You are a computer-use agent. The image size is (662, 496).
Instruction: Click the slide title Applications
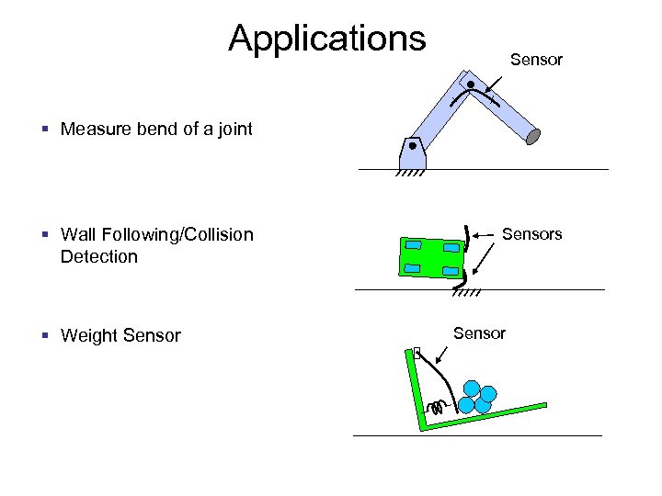pyautogui.click(x=327, y=39)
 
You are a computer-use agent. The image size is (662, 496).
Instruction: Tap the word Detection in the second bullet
pyautogui.click(x=98, y=256)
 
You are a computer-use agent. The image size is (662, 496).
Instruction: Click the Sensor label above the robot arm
pyautogui.click(x=536, y=60)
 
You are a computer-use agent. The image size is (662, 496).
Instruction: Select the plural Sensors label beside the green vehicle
pyautogui.click(x=531, y=234)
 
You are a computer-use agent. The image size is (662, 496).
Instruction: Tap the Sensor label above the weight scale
pyautogui.click(x=479, y=333)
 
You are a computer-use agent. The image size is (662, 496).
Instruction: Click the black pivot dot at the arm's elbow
pyautogui.click(x=471, y=85)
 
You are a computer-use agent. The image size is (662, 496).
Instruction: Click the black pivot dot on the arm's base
pyautogui.click(x=413, y=146)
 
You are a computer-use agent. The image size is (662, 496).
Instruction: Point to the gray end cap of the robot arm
pyautogui.click(x=533, y=137)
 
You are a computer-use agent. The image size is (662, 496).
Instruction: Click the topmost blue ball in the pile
pyautogui.click(x=473, y=388)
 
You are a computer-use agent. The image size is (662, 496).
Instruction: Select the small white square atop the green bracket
pyautogui.click(x=417, y=352)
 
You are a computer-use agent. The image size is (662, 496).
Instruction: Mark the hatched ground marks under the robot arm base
pyautogui.click(x=410, y=173)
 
